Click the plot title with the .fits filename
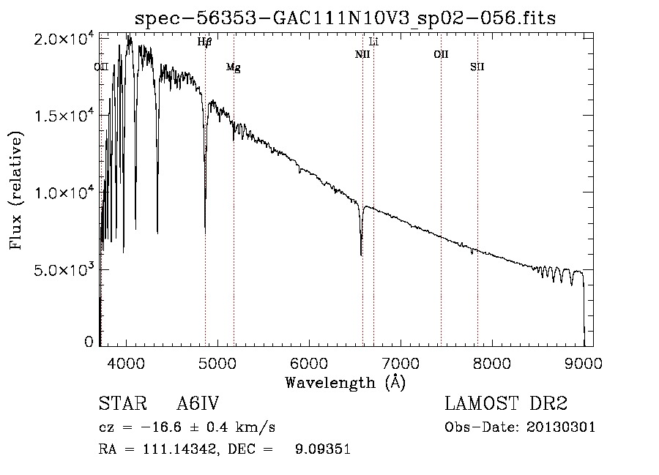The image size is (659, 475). point(345,18)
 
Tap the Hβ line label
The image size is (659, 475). point(205,42)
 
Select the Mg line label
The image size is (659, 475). point(234,67)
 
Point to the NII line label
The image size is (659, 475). point(362,54)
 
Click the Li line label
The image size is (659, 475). point(373,42)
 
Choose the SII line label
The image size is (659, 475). point(477,67)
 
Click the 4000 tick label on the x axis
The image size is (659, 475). point(126,363)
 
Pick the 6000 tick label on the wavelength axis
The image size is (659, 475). point(309,363)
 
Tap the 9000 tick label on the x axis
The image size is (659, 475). point(584,363)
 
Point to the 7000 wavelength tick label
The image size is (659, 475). point(401,363)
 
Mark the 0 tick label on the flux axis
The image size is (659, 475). point(89,342)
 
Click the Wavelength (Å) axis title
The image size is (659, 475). point(346,383)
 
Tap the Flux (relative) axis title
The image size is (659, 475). point(16,190)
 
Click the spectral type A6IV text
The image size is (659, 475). point(198,403)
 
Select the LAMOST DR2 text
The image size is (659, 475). point(506,403)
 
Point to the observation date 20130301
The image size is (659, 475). point(561,427)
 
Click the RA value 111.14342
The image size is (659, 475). point(180,449)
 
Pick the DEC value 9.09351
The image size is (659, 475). point(323,449)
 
